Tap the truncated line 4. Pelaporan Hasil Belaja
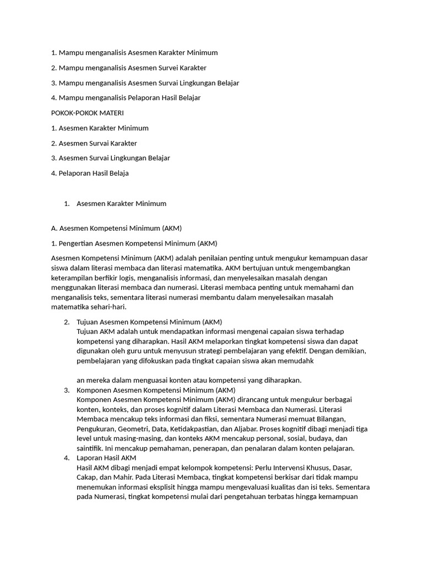click(90, 173)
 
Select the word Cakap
click(87, 477)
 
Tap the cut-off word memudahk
click(298, 361)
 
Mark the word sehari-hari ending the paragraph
click(107, 307)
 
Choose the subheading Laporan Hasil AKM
click(106, 458)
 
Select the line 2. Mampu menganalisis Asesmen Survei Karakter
click(128, 68)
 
